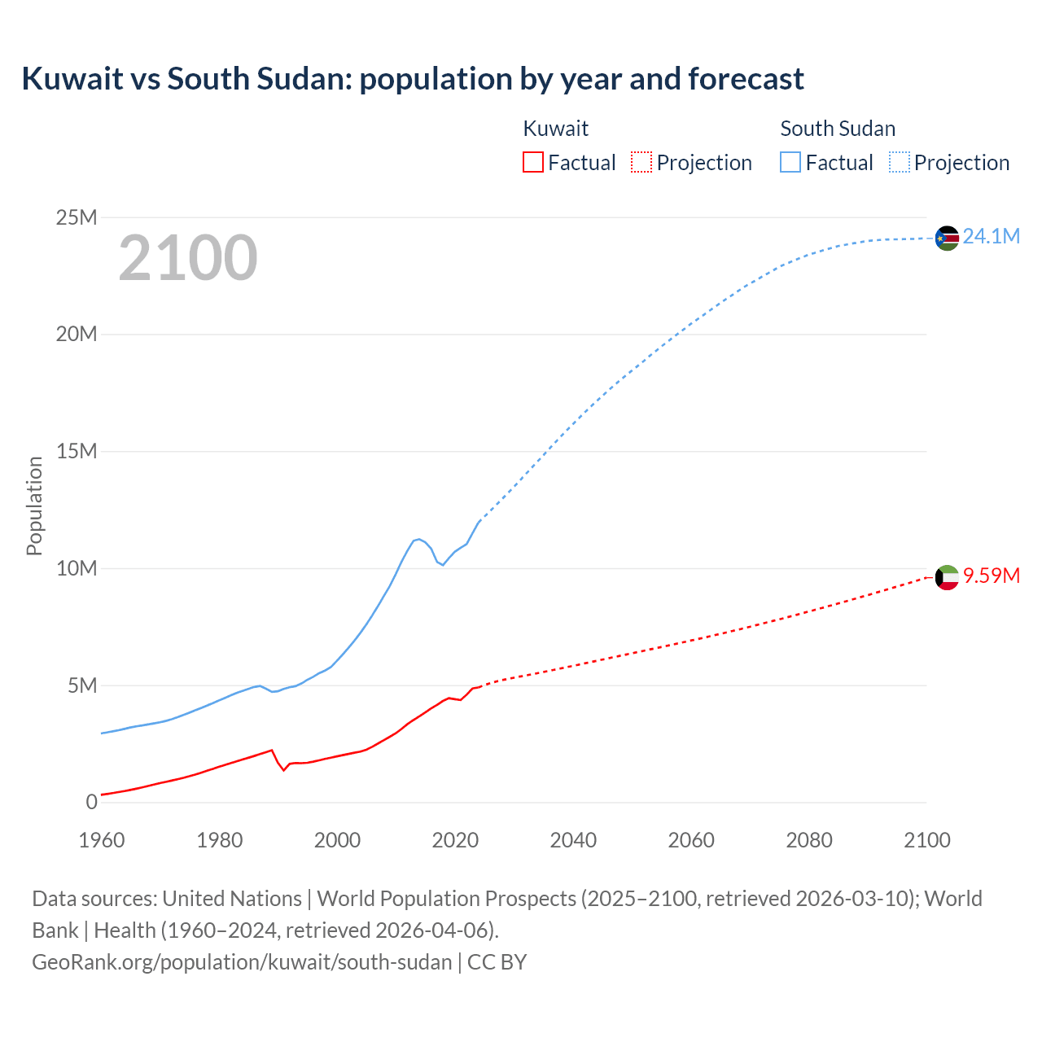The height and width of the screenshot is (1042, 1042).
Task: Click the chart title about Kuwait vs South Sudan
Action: pyautogui.click(x=413, y=79)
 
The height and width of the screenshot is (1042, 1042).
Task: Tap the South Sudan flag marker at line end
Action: pyautogui.click(x=947, y=238)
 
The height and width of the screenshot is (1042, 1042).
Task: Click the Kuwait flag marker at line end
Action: pyautogui.click(x=947, y=577)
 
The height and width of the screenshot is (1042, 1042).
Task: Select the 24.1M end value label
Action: pyautogui.click(x=991, y=237)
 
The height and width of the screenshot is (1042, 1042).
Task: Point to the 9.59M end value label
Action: pyautogui.click(x=991, y=576)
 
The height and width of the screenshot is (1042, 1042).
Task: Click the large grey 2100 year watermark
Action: pyautogui.click(x=188, y=258)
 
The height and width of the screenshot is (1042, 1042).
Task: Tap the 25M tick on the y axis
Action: pyautogui.click(x=77, y=217)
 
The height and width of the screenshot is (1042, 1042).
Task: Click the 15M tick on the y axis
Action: pyautogui.click(x=77, y=452)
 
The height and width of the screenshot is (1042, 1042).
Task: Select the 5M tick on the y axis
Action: pyautogui.click(x=82, y=685)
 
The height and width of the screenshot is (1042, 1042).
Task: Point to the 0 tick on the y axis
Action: pyautogui.click(x=92, y=803)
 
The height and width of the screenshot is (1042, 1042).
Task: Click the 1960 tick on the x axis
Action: pyautogui.click(x=102, y=840)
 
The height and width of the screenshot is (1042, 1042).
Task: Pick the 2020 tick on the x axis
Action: pyautogui.click(x=455, y=840)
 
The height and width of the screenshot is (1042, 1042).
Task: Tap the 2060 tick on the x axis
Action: pyautogui.click(x=691, y=840)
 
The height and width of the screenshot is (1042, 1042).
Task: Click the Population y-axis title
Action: pyautogui.click(x=34, y=506)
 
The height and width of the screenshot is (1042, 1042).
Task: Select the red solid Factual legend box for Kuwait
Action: pyautogui.click(x=533, y=163)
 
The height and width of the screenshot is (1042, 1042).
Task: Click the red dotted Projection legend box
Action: pyautogui.click(x=641, y=163)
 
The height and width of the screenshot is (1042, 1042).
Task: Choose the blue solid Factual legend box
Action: pyautogui.click(x=790, y=163)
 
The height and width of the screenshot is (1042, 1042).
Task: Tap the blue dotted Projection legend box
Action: pyautogui.click(x=900, y=163)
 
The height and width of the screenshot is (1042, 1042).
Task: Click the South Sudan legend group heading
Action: pyautogui.click(x=838, y=129)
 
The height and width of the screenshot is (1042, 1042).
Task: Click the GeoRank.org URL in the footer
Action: pyautogui.click(x=242, y=962)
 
